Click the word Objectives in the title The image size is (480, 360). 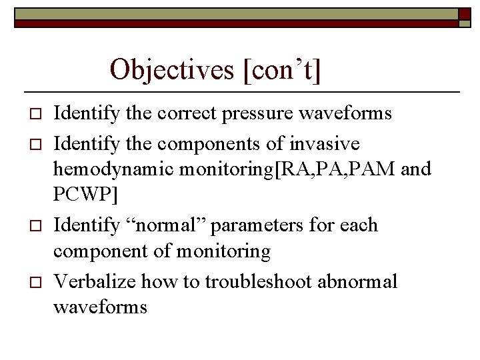(x=174, y=69)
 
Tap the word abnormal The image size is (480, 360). (x=358, y=281)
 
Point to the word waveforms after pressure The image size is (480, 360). (x=354, y=113)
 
